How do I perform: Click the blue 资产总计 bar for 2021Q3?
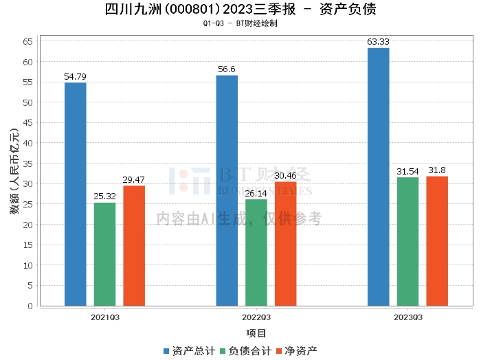76,194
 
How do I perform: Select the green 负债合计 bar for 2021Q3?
105,254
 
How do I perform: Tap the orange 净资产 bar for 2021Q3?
134,246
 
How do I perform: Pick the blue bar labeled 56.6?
227,190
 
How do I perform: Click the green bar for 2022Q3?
256,252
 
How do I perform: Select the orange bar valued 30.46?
286,244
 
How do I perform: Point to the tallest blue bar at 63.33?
379,177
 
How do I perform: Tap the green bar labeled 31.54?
407,241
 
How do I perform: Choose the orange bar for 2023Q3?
437,241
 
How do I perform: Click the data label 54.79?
75,77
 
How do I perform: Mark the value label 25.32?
104,196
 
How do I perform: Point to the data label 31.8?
437,170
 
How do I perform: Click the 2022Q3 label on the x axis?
256,317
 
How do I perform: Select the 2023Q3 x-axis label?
408,317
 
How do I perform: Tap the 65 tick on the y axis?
27,41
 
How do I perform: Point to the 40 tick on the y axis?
27,143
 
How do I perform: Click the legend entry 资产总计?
189,351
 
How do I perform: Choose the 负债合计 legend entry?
246,351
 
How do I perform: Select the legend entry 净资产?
297,351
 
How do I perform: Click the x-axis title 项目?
256,333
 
